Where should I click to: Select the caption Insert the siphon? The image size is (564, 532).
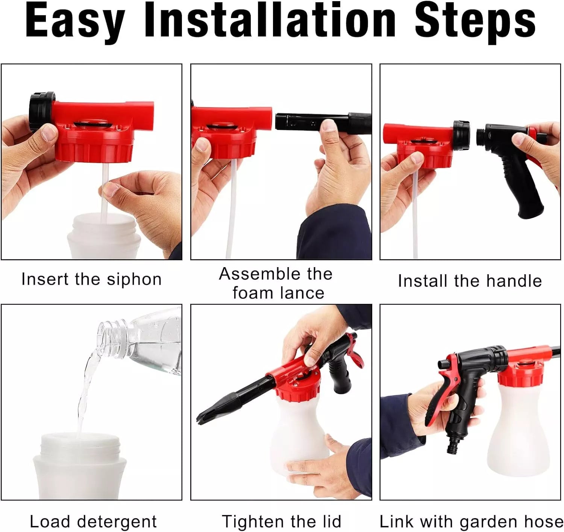click(91, 280)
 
